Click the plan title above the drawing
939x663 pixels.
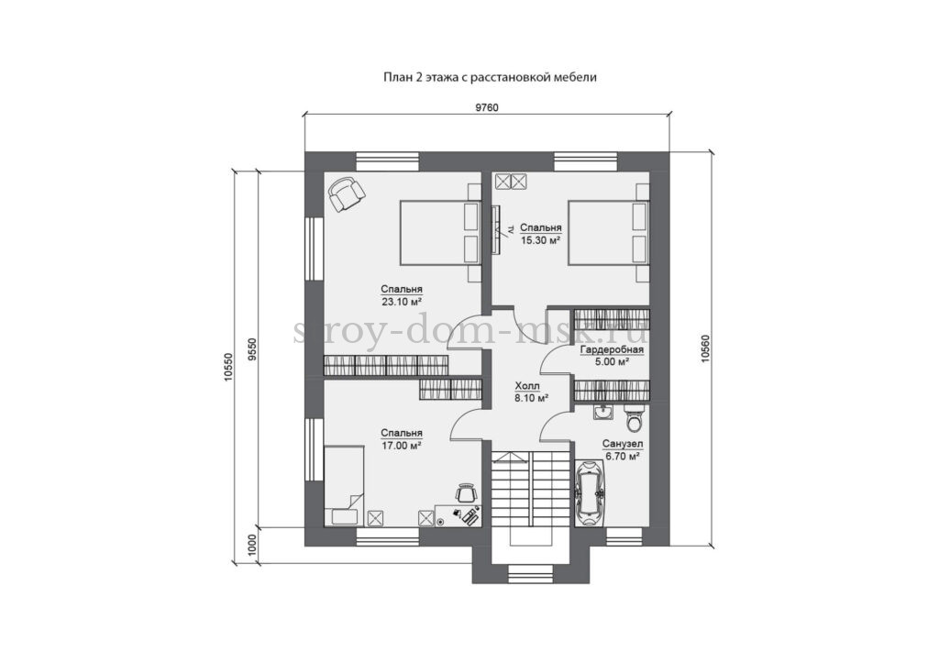pos(490,77)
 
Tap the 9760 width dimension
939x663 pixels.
pos(486,107)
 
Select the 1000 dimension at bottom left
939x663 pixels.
pos(251,545)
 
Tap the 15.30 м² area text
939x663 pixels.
pos(540,239)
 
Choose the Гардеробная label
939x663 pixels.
pos(612,349)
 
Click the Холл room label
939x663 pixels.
pos(527,386)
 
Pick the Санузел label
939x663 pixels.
pos(623,445)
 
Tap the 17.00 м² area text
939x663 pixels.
pos(402,445)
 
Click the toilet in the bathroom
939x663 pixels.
pos(633,417)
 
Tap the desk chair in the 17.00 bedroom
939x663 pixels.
pos(465,492)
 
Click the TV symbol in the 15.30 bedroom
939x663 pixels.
pos(498,229)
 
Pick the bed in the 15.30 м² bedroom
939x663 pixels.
pos(608,232)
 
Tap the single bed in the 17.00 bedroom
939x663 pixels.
pos(345,486)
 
